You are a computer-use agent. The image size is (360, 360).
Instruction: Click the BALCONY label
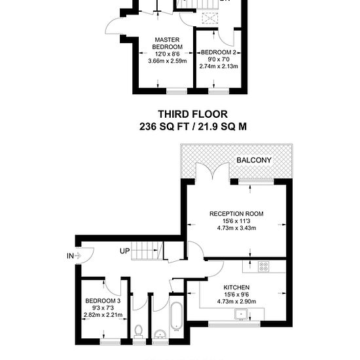(x=254, y=160)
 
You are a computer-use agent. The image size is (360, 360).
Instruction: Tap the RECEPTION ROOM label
(x=236, y=214)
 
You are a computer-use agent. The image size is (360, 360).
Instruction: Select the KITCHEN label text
(x=236, y=287)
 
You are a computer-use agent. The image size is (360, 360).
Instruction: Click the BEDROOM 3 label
(x=103, y=301)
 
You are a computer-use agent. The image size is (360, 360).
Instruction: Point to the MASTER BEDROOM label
(x=168, y=43)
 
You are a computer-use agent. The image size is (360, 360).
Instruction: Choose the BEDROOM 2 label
(x=219, y=52)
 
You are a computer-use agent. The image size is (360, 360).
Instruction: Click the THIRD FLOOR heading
(x=193, y=114)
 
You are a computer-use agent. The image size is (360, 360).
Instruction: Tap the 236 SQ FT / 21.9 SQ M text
(x=193, y=126)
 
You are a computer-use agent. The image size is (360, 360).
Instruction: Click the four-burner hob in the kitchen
(x=263, y=267)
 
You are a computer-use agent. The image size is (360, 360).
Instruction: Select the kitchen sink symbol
(x=241, y=314)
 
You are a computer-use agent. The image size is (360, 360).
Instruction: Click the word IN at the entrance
(x=70, y=256)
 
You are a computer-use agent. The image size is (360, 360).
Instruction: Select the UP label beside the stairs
(x=124, y=251)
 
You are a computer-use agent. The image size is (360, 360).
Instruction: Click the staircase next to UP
(x=147, y=251)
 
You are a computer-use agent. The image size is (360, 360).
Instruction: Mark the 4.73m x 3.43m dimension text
(x=236, y=228)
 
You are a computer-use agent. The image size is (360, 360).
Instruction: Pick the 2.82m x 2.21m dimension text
(x=103, y=315)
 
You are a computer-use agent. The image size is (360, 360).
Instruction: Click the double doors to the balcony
(x=213, y=171)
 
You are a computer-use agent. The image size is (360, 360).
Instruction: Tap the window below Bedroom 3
(x=111, y=342)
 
